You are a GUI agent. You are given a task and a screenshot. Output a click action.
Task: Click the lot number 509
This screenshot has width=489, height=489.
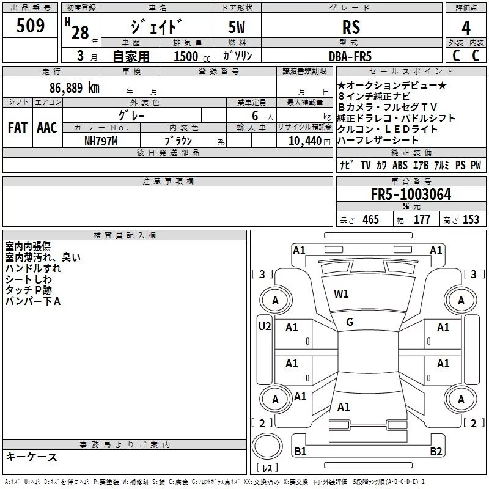pyautogui.click(x=30, y=26)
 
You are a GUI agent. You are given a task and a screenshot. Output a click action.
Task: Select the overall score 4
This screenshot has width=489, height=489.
pyautogui.click(x=466, y=28)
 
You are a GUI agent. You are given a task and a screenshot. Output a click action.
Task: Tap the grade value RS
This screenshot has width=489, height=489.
pyautogui.click(x=351, y=27)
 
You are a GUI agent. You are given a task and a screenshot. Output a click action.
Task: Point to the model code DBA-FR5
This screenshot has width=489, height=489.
pyautogui.click(x=350, y=56)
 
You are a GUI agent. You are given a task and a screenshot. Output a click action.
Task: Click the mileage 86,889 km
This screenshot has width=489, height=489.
pyautogui.click(x=74, y=87)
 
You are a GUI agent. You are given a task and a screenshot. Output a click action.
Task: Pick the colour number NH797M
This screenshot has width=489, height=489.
pyautogui.click(x=101, y=141)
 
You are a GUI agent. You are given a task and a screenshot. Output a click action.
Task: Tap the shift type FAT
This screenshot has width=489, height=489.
pyautogui.click(x=18, y=128)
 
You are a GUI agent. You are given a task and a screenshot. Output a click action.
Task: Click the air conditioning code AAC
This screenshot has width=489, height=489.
pyautogui.click(x=47, y=128)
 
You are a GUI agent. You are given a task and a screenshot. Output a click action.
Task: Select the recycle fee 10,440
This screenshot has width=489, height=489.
pyautogui.click(x=304, y=141)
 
